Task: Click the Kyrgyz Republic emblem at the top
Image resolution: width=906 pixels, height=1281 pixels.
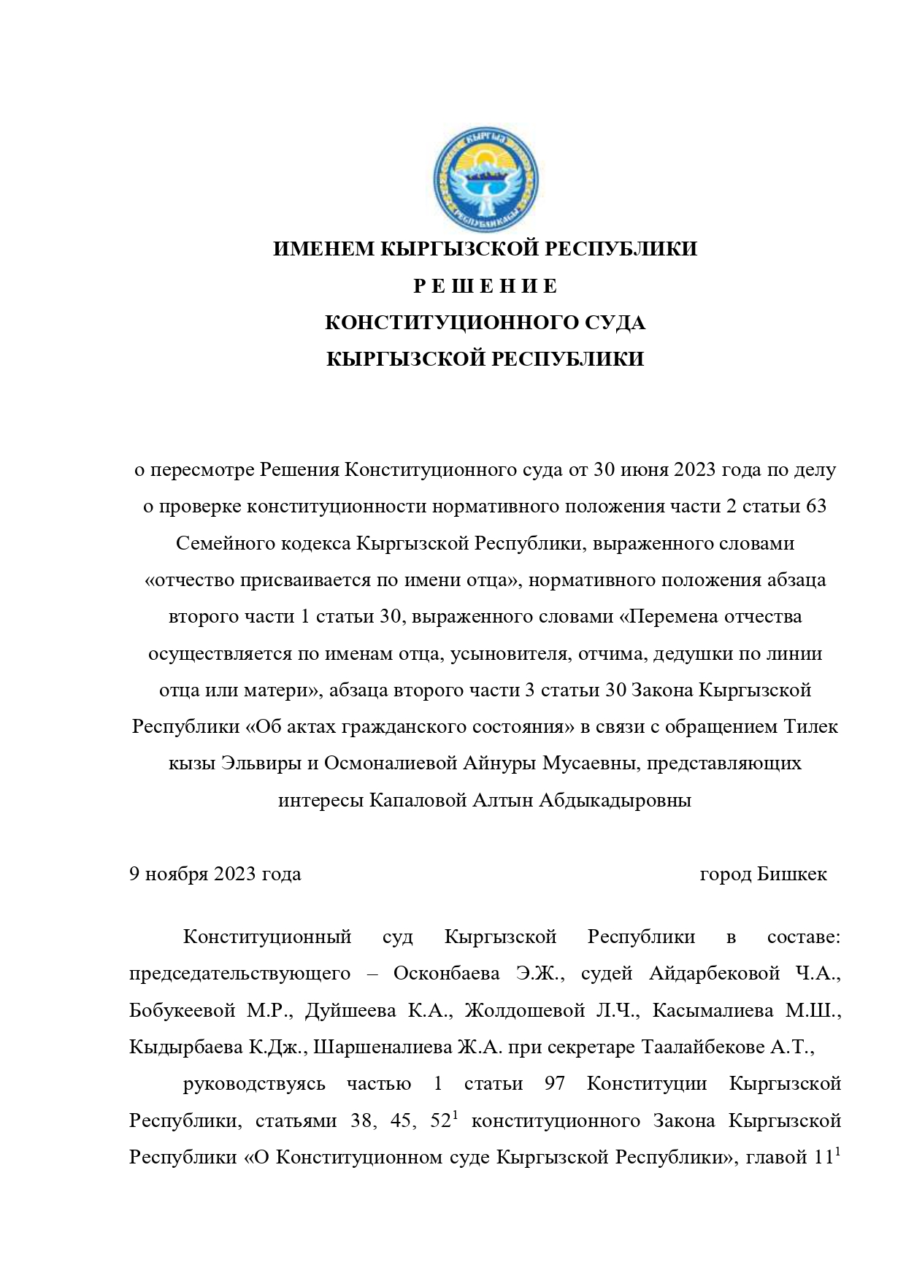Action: pyautogui.click(x=485, y=178)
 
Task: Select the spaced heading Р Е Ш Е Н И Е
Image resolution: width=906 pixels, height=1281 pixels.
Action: pyautogui.click(x=485, y=287)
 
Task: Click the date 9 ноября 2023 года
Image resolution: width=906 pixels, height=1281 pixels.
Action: pyautogui.click(x=215, y=874)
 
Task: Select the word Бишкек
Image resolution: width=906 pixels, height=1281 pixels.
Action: pyautogui.click(x=792, y=874)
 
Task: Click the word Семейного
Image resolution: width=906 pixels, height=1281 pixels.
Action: pyautogui.click(x=221, y=544)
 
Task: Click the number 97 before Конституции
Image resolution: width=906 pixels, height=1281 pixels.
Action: pyautogui.click(x=555, y=1084)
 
